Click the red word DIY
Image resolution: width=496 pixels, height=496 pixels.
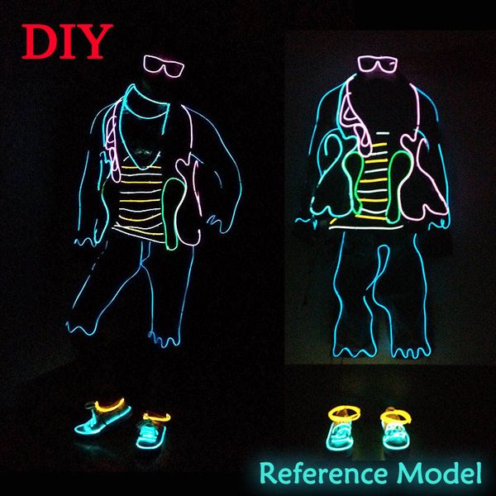pyautogui.click(x=67, y=41)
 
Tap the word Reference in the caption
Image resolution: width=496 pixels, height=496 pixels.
pyautogui.click(x=323, y=474)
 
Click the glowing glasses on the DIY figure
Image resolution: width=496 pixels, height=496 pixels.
pyautogui.click(x=164, y=66)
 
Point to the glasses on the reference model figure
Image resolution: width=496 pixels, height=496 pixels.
pyautogui.click(x=378, y=64)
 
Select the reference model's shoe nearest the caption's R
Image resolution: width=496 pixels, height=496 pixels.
pyautogui.click(x=342, y=430)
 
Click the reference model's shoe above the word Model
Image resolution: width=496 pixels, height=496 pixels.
pyautogui.click(x=396, y=430)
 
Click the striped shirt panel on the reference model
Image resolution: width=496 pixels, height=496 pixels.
pyautogui.click(x=374, y=180)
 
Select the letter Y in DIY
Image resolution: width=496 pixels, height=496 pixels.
pyautogui.click(x=96, y=41)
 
